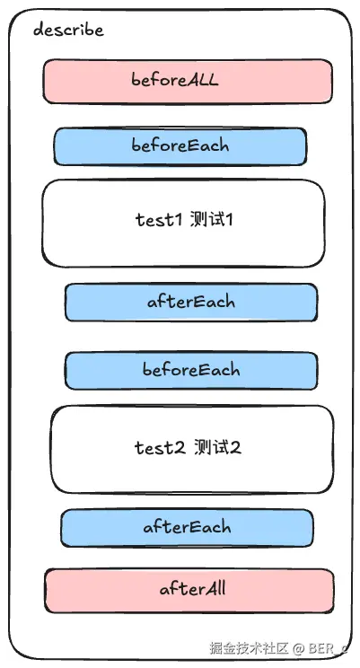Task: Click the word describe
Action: pos(68,30)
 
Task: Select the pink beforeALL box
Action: pos(188,82)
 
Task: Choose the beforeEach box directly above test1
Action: pos(180,146)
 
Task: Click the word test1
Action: pos(159,219)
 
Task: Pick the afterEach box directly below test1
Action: pos(191,302)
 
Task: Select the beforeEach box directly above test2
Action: pos(191,370)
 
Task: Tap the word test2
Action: pos(160,447)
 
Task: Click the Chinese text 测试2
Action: pos(217,447)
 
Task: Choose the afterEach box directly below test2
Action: pos(187,528)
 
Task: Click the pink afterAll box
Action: pos(189,591)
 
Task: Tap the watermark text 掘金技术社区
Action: pos(250,648)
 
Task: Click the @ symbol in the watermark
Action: pos(300,649)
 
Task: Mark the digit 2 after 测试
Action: pos(236,448)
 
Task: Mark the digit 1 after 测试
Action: pos(229,220)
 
